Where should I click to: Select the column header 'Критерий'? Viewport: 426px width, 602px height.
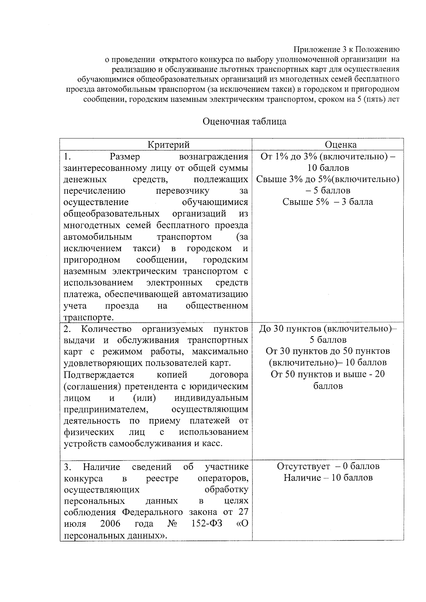point(169,145)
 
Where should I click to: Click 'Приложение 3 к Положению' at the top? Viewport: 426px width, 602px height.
point(347,49)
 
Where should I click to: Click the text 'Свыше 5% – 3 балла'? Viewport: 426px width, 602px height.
point(327,202)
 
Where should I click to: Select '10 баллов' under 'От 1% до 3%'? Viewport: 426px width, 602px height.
point(328,168)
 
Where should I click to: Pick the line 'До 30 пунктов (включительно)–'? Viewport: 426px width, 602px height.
point(328,328)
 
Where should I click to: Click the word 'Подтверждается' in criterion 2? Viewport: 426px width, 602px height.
point(99,375)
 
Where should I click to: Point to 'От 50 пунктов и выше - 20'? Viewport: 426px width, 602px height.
point(328,374)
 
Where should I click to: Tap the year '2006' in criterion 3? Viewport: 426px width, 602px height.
point(110,524)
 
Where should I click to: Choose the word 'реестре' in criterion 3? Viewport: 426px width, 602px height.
point(162,478)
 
